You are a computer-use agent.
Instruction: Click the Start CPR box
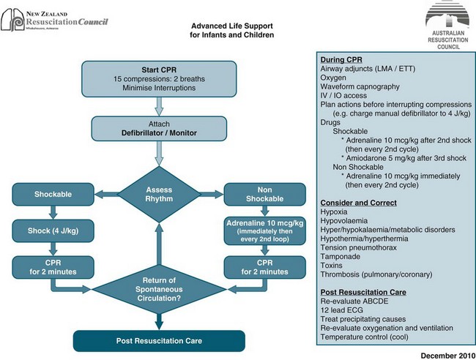pos(159,78)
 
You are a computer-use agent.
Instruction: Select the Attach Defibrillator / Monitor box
pos(159,128)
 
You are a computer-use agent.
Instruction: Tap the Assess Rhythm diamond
pos(159,194)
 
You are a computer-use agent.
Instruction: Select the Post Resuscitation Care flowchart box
pos(158,340)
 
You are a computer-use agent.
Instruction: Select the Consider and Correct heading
pos(358,202)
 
